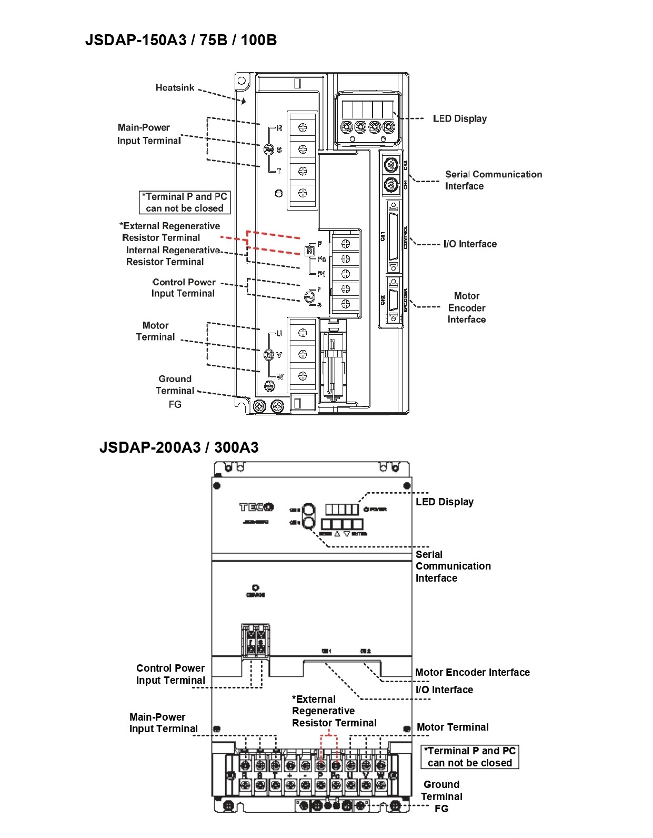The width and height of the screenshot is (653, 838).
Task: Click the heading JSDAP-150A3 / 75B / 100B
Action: [x=180, y=40]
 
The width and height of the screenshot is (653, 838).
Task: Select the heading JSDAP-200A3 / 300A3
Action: [x=179, y=447]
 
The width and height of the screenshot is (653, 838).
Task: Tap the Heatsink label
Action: [x=175, y=87]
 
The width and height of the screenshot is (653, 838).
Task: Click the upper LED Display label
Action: [x=459, y=118]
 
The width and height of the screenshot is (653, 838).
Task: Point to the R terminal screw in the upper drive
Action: [x=303, y=127]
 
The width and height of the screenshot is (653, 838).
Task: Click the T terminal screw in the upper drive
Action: [x=303, y=171]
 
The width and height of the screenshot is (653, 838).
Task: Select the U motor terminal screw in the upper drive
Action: [x=303, y=333]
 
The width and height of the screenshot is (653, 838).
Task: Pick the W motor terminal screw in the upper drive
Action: [x=303, y=376]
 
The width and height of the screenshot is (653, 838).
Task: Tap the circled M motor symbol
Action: [x=269, y=355]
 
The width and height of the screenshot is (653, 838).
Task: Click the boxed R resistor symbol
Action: [x=310, y=251]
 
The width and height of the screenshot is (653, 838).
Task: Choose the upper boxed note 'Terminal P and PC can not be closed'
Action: [x=185, y=202]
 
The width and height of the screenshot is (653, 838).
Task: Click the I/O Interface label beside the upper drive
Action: [x=470, y=244]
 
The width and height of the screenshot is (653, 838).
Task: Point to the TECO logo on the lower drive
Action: [x=256, y=507]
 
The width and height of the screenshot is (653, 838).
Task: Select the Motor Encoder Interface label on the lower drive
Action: [x=472, y=672]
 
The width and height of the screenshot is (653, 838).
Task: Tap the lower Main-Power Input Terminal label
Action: [x=164, y=723]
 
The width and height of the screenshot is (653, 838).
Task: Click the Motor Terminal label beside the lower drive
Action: [x=453, y=727]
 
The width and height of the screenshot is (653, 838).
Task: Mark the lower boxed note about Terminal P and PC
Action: [x=470, y=757]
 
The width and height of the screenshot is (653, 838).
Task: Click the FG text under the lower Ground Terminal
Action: [x=441, y=809]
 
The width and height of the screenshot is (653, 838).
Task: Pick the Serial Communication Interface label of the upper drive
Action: [x=493, y=180]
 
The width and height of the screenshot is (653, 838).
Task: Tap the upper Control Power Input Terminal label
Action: [x=183, y=287]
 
